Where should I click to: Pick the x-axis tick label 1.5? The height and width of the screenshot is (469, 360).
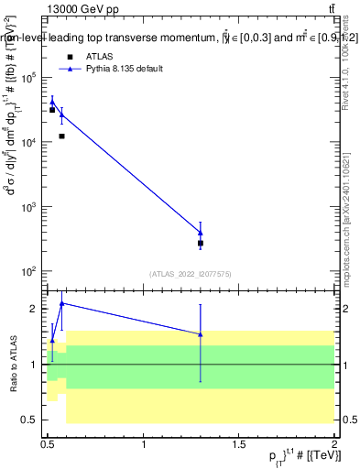[x=239, y=444]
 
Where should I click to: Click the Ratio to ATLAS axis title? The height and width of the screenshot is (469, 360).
[x=14, y=364]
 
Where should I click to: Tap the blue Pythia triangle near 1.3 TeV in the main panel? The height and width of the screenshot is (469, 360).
[x=201, y=233]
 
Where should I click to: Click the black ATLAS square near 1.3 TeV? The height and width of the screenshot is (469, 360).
[x=201, y=244]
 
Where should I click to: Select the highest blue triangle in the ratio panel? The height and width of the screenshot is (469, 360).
[x=61, y=303]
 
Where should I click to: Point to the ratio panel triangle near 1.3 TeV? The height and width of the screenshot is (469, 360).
[x=201, y=334]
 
